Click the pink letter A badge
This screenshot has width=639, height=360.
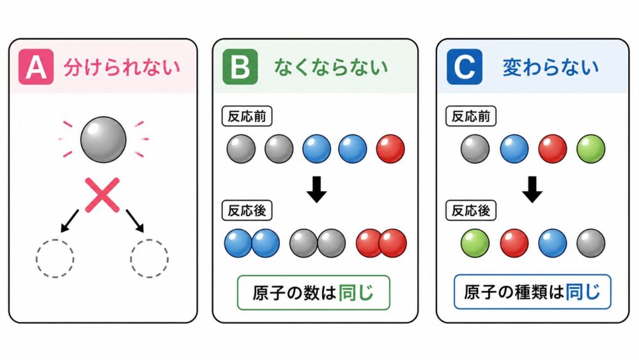[x=36, y=67]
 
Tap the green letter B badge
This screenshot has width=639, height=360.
[x=240, y=67]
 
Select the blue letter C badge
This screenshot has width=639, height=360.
[x=465, y=67]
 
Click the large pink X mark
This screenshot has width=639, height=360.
[x=102, y=195]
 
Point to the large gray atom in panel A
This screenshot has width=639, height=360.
[x=103, y=139]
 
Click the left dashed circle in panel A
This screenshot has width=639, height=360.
[x=55, y=259]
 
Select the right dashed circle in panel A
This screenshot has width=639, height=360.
[x=149, y=259]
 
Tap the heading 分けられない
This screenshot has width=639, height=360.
[x=121, y=68]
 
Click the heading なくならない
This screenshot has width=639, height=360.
[x=331, y=67]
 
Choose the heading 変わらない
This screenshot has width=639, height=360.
[x=551, y=67]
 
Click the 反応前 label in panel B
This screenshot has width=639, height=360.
[x=247, y=116]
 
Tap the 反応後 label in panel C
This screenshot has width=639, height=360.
[x=471, y=210]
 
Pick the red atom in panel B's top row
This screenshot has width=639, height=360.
[x=390, y=149]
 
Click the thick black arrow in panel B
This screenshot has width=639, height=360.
[x=317, y=189]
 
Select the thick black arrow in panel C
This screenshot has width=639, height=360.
[x=532, y=189]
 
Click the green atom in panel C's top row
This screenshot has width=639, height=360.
[x=591, y=149]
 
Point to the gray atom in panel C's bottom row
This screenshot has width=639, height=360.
[x=591, y=243]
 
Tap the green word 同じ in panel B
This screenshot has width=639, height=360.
[x=356, y=293]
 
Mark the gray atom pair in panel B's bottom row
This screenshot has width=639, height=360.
[x=318, y=243]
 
